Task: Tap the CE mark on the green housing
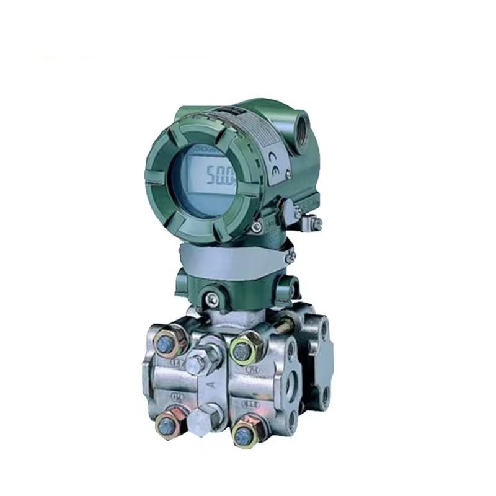tap(274, 162)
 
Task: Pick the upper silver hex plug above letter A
tap(200, 362)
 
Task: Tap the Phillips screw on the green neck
tap(212, 298)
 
